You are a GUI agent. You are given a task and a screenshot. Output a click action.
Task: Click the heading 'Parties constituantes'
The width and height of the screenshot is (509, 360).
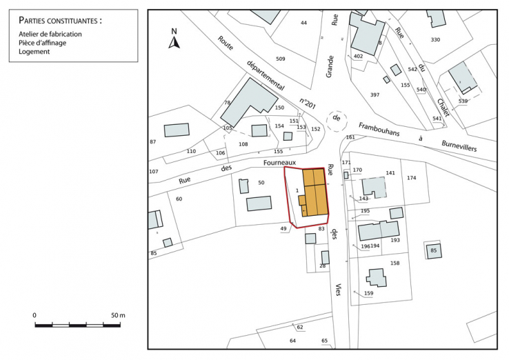point(60,21)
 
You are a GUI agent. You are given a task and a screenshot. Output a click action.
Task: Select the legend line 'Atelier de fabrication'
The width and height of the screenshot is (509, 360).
point(50,34)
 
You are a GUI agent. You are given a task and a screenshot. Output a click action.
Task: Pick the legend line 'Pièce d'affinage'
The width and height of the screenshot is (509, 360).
point(43,43)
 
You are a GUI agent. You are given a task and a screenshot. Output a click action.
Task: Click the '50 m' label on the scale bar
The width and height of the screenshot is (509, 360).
point(118,315)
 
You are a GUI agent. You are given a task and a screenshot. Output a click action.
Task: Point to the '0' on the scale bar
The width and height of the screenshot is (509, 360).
point(34,315)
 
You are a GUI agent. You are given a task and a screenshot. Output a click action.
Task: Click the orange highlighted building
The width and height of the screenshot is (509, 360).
point(315,194)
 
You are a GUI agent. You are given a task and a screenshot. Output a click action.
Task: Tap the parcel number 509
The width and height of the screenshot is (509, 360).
point(280,59)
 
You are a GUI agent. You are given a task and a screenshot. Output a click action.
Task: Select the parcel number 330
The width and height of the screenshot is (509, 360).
point(435,40)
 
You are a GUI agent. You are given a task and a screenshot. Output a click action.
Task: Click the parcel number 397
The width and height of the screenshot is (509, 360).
point(375,94)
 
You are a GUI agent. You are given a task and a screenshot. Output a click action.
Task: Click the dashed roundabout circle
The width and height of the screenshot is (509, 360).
point(337,119)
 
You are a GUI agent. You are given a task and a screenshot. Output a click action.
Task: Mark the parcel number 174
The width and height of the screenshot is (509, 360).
point(411,178)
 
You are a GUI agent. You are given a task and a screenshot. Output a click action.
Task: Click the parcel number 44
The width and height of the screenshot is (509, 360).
point(303,23)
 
